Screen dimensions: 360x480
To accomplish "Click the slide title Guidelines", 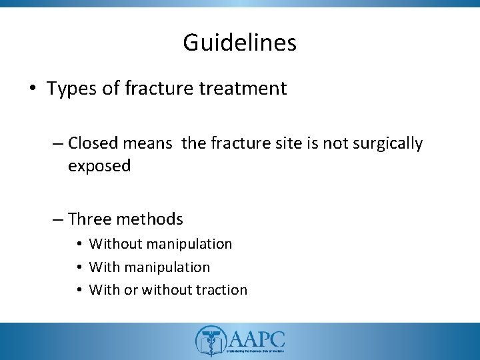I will [x=239, y=43].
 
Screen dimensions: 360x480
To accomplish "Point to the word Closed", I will [x=91, y=143].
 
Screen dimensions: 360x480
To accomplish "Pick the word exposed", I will [x=99, y=166].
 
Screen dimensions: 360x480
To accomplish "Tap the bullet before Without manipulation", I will [x=79, y=245].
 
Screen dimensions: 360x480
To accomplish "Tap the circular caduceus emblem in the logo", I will [x=209, y=341].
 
